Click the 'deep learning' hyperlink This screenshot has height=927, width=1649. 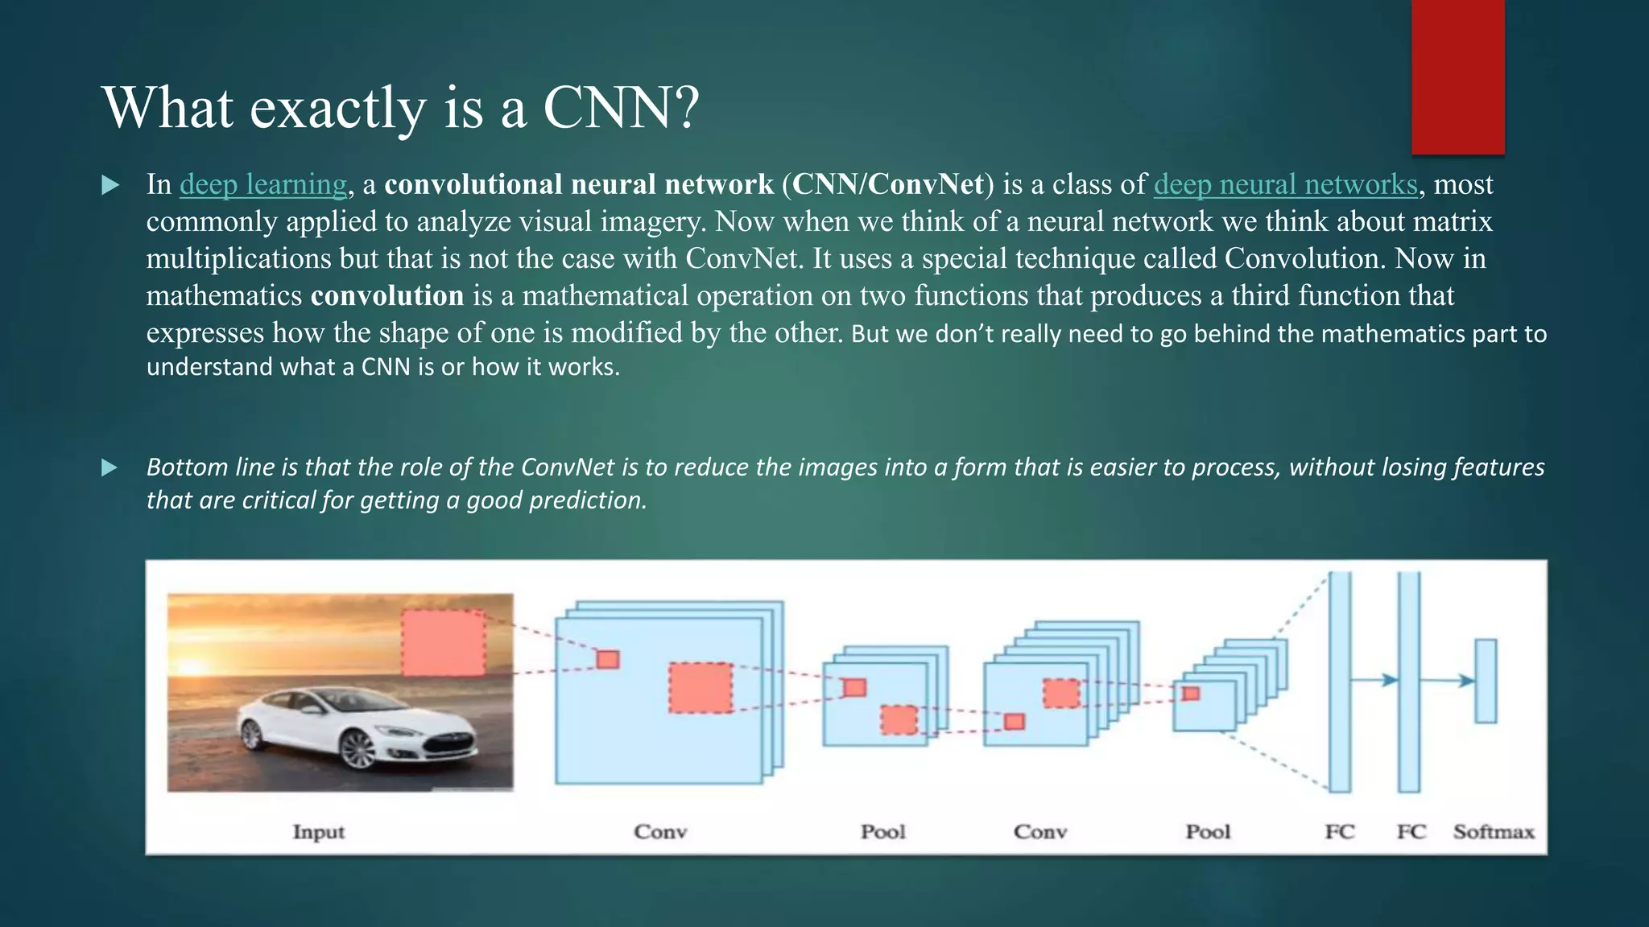point(262,184)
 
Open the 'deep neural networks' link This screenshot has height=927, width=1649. point(1285,184)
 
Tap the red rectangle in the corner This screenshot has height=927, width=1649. point(1457,76)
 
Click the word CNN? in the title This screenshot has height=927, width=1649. point(621,107)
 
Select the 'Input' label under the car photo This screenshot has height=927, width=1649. point(318,831)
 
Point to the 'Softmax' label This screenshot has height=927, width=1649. point(1494,831)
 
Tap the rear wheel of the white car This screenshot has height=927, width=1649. point(252,734)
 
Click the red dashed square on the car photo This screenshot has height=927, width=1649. point(444,642)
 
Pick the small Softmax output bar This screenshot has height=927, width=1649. point(1486,681)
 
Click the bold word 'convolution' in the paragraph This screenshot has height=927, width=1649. point(387,295)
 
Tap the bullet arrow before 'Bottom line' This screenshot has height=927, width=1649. point(110,468)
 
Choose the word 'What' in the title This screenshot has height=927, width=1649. point(168,107)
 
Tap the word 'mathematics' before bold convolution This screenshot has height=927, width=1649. point(224,295)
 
